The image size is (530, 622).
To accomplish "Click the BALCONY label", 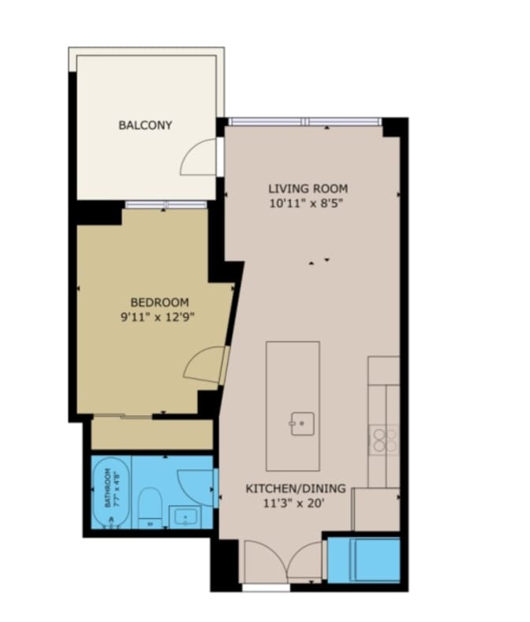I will (x=145, y=125).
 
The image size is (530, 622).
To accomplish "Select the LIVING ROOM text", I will (x=308, y=188).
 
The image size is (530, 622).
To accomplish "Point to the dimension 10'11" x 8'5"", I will (x=308, y=203).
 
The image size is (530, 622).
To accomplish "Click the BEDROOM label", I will (x=159, y=302).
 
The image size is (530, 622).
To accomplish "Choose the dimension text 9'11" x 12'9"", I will (x=159, y=317).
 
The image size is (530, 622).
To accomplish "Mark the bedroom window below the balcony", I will (x=166, y=205).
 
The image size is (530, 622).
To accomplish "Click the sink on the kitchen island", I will (x=301, y=423).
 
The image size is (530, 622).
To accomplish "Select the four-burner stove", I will (x=384, y=439).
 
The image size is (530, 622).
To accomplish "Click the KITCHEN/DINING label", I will (x=295, y=489).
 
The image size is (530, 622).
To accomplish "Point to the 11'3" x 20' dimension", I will (x=295, y=504).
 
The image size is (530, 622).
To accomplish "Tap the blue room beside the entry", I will (x=363, y=558).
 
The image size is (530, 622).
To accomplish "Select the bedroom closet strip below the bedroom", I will (x=151, y=434).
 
